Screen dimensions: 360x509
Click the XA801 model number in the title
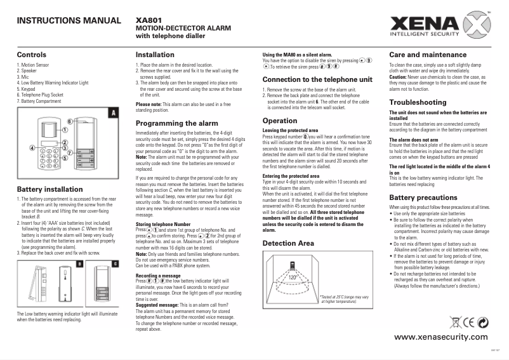click(148, 19)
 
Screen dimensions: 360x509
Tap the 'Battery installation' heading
click(50, 189)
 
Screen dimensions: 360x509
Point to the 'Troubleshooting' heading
click(419, 102)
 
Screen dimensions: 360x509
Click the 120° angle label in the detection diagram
click(293, 277)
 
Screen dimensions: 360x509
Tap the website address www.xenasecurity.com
click(440, 336)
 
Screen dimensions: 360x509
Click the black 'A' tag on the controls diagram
click(112, 112)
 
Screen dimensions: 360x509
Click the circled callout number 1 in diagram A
click(65, 129)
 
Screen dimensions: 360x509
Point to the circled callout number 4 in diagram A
click(32, 148)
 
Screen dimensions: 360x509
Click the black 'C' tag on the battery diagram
click(115, 263)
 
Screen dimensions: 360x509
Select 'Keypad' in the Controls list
click(26, 90)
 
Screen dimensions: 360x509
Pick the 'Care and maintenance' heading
click(429, 55)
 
